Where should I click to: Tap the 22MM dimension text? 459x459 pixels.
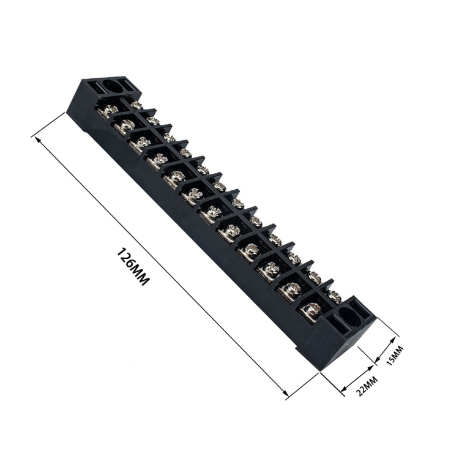[368, 386]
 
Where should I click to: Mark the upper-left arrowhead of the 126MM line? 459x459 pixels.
[39, 140]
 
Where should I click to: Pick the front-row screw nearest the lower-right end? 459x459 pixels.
[311, 310]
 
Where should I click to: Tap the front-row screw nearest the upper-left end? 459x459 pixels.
[109, 111]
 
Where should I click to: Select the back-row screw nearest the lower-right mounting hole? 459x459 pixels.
[334, 296]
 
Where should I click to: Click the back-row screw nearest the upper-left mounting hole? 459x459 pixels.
[136, 105]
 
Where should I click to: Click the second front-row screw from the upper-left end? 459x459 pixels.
[125, 126]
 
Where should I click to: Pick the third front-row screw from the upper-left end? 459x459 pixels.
[142, 143]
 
